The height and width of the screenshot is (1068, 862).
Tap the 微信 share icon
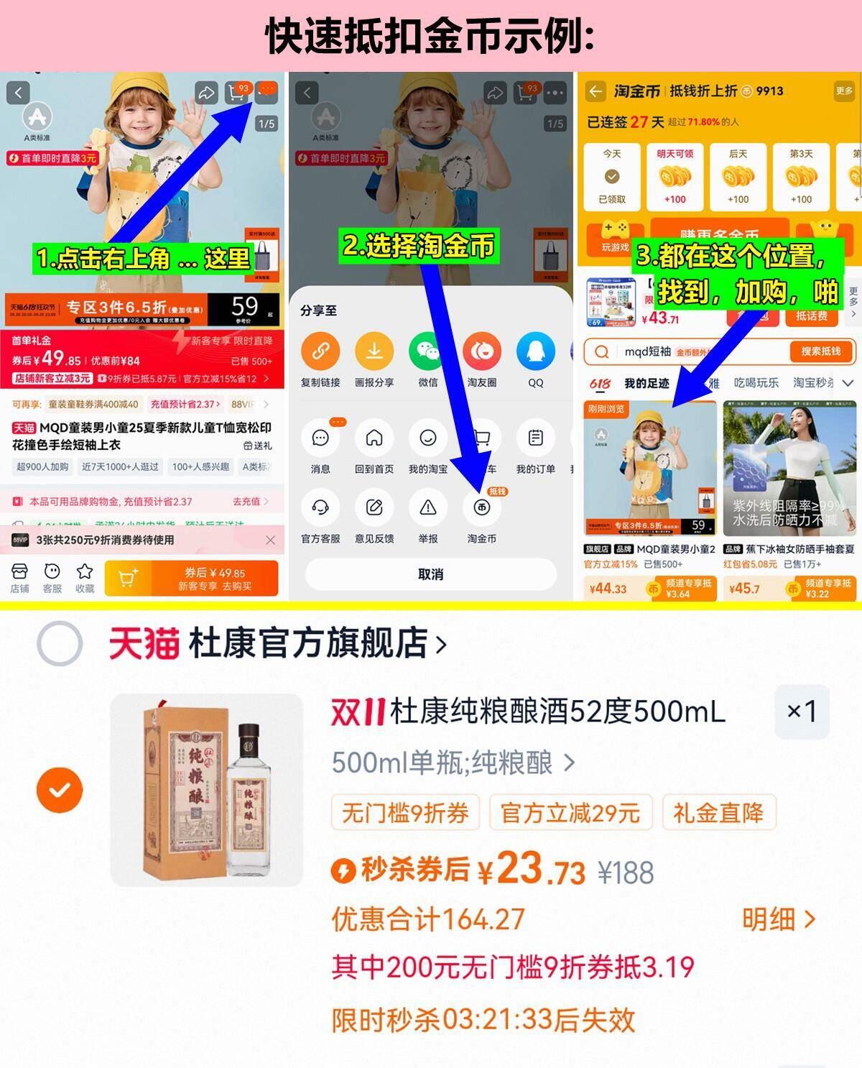(428, 351)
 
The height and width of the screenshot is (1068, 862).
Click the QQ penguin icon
(535, 351)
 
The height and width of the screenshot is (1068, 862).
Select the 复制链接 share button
(320, 351)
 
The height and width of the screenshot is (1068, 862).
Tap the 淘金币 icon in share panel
(481, 507)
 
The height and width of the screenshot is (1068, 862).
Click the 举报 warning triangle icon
(428, 507)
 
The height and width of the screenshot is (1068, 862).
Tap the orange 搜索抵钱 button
(820, 351)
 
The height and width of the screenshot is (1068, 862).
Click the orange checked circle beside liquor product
(60, 790)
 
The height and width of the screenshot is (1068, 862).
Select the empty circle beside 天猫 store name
(60, 643)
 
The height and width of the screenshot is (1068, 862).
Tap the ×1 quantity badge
(802, 712)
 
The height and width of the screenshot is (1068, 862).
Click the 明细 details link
(778, 919)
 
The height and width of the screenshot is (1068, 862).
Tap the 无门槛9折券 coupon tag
(405, 814)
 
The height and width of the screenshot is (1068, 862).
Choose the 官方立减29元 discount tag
(570, 814)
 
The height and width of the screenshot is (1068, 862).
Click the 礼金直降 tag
(718, 814)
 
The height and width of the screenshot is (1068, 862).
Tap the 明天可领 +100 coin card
(675, 177)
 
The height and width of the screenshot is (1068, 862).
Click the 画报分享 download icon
(374, 351)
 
